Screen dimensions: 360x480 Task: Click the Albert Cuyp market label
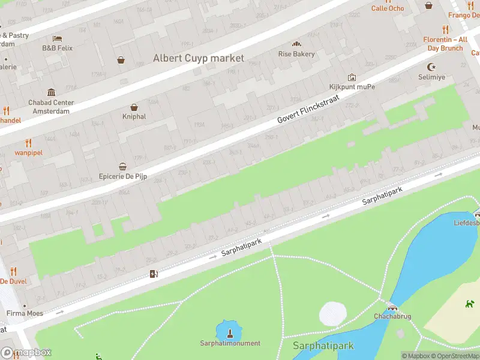click(x=199, y=58)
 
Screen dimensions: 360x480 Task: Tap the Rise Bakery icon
click(x=296, y=44)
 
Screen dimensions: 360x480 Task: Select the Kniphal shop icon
click(x=134, y=107)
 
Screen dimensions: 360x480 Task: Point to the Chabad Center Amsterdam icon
click(x=51, y=92)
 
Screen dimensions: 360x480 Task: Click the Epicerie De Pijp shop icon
click(x=122, y=167)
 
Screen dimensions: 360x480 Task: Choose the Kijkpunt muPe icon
click(x=352, y=77)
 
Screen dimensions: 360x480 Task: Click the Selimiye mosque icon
click(x=430, y=67)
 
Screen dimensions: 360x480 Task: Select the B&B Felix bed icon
click(x=57, y=38)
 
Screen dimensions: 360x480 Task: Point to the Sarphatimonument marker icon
click(x=230, y=332)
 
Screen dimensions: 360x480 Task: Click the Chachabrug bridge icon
click(x=391, y=306)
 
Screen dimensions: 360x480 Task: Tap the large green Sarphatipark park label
click(x=323, y=346)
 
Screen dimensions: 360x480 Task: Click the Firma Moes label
click(x=24, y=313)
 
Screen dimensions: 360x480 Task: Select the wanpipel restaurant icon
click(x=28, y=143)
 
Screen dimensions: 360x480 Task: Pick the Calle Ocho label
click(x=388, y=8)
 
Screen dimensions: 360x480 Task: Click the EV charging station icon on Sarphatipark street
click(x=154, y=274)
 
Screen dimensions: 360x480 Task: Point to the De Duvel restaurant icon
click(x=13, y=271)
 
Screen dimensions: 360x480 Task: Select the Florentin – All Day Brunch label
click(x=445, y=43)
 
